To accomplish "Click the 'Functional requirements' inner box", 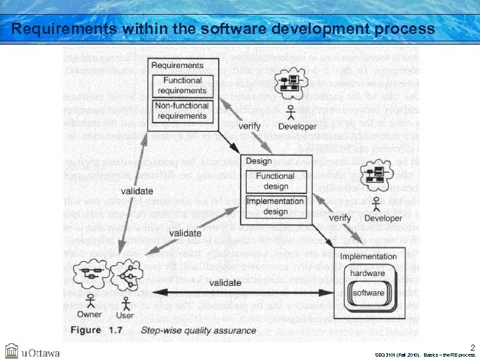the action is click(182, 85).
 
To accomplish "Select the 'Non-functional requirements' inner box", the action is click(182, 111).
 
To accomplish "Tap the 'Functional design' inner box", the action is click(275, 181).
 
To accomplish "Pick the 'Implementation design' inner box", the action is click(275, 206).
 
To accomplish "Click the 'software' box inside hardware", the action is click(368, 293).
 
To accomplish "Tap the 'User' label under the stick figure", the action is click(125, 315).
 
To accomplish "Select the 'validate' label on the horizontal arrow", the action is click(225, 283).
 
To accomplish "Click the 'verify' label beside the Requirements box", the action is click(250, 126).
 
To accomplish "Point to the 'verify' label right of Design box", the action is click(340, 218).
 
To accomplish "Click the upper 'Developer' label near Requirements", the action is click(297, 127).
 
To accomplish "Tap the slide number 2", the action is click(472, 347).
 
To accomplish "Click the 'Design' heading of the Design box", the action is click(259, 161).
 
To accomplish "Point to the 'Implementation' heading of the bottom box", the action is click(368, 257).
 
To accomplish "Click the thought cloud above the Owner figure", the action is click(92, 274).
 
